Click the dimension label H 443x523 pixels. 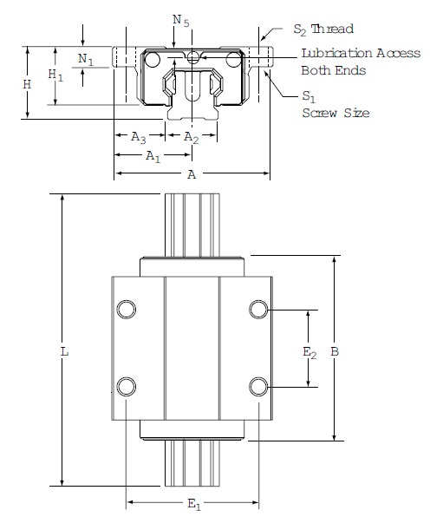click(28, 84)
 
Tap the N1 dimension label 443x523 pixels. click(85, 59)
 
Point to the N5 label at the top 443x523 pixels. click(178, 16)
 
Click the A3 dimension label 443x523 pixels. click(138, 137)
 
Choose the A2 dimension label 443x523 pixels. click(192, 137)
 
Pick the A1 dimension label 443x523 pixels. click(152, 156)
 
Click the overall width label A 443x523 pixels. click(192, 174)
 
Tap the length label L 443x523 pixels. click(63, 353)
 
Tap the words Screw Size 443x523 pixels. click(336, 113)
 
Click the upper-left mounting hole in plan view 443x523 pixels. click(127, 310)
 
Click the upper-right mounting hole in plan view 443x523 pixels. click(257, 310)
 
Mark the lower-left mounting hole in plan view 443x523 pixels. click(127, 385)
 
